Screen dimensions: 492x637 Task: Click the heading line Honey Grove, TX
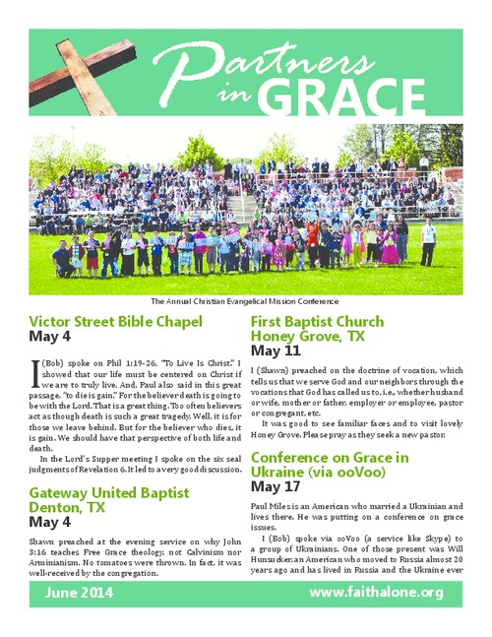pyautogui.click(x=309, y=336)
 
